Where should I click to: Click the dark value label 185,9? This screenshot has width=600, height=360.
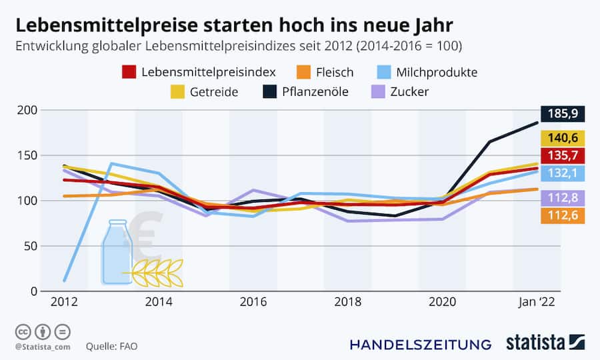[563, 114]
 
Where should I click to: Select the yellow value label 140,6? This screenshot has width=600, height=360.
[563, 139]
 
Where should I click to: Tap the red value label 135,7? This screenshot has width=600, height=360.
[563, 156]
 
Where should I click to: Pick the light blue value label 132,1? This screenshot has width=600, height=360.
[563, 173]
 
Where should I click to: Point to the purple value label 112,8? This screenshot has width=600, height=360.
[563, 198]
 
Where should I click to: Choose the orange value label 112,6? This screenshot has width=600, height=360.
[563, 215]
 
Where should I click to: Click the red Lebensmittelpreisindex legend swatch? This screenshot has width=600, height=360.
[129, 72]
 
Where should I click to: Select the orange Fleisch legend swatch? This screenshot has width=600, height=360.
[305, 72]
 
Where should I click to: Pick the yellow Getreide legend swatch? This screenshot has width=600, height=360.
[179, 91]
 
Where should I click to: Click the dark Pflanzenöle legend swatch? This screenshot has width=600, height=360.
[269, 91]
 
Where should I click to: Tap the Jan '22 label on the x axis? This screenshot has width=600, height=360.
[537, 301]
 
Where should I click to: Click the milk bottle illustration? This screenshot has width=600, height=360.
[117, 253]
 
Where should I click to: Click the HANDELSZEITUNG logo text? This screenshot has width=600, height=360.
[421, 344]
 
